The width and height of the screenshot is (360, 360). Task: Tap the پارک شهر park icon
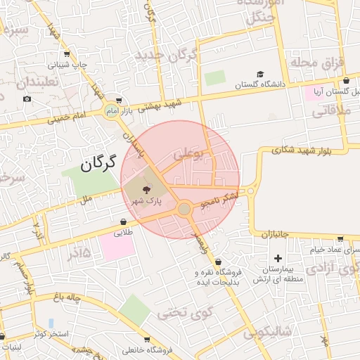[x=146, y=189]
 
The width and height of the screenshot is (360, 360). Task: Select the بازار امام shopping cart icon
[x=119, y=101]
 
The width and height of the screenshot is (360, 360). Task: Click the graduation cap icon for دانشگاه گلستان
[x=260, y=74]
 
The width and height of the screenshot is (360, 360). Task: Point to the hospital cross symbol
[x=278, y=259]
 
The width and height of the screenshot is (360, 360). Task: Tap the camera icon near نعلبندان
[x=27, y=98]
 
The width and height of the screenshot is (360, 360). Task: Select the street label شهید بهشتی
[x=160, y=105]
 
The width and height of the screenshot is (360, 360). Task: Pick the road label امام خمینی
[x=68, y=117]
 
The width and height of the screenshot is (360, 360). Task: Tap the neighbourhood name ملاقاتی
[x=329, y=110]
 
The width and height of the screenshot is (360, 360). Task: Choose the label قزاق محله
[x=322, y=64]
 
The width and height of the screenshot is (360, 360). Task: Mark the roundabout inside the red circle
[x=184, y=209]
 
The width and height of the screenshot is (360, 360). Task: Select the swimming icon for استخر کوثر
[x=51, y=323]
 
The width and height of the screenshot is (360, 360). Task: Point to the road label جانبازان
[x=271, y=234]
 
